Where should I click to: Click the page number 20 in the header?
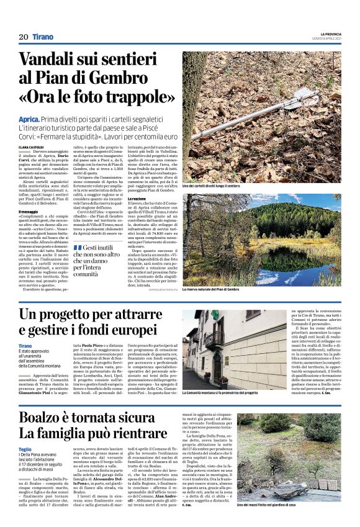[x=24, y=37]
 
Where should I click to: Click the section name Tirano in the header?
[x=43, y=37]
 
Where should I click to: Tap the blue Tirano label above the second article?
[x=25, y=346]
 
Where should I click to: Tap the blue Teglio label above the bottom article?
[x=25, y=449]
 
